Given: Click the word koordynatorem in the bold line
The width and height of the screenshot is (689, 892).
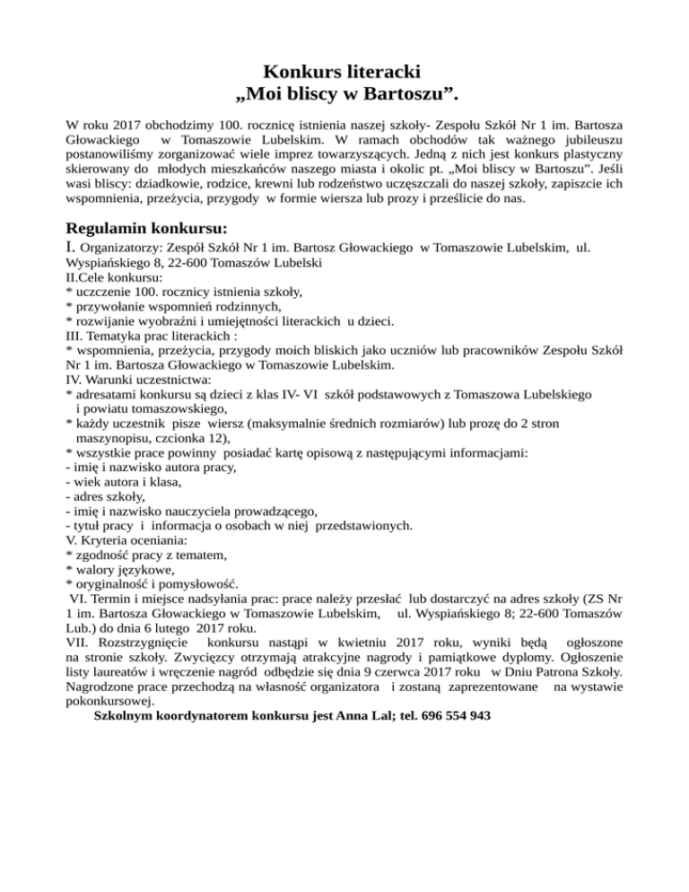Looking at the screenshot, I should coord(199,715).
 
